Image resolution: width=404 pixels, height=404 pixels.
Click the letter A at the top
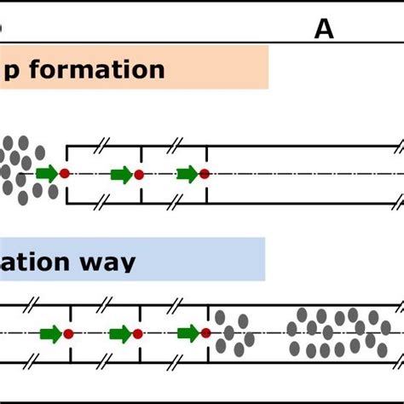324,30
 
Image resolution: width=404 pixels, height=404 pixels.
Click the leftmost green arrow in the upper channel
47,174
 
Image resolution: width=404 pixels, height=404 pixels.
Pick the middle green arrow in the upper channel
121,175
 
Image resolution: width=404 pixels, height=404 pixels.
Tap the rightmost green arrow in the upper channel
187,175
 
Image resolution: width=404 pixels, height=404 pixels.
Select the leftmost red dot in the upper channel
65,174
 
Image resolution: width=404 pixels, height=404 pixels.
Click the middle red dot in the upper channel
138,175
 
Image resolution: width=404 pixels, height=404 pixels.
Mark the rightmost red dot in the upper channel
205,175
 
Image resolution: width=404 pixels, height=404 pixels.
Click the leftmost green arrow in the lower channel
50,333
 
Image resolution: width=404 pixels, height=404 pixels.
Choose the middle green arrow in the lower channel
121,333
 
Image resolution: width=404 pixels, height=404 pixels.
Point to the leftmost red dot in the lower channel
68,333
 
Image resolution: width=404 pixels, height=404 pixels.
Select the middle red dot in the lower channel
138,333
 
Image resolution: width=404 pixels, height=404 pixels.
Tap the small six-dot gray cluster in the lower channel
234,332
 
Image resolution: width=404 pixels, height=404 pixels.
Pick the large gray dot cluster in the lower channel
338,332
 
